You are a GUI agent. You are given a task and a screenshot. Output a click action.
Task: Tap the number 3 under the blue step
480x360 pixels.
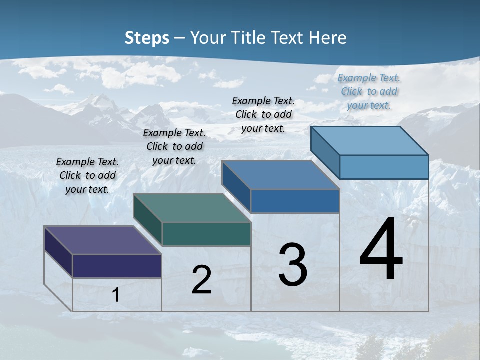(293, 265)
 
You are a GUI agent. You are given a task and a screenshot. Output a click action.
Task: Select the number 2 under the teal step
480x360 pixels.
(201, 280)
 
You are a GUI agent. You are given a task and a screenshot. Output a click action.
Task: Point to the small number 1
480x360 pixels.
(116, 295)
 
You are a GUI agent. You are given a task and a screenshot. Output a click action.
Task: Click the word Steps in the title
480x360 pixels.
(147, 38)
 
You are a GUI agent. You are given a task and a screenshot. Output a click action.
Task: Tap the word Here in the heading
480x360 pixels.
(328, 38)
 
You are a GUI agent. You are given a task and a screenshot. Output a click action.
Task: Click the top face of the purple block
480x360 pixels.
(102, 240)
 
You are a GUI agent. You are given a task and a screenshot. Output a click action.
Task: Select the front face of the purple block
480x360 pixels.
(117, 266)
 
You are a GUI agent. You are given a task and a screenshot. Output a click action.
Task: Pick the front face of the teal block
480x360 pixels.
(206, 234)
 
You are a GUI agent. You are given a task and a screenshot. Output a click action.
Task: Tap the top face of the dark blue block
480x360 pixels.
(280, 175)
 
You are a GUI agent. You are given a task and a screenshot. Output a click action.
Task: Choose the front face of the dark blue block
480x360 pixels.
(295, 201)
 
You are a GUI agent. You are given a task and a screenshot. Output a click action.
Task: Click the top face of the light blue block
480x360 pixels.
(369, 141)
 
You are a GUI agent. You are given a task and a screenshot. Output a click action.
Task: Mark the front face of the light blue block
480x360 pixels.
(384, 167)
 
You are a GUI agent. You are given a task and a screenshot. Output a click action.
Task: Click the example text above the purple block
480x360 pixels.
(87, 175)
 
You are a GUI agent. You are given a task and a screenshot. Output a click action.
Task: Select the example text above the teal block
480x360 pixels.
(174, 146)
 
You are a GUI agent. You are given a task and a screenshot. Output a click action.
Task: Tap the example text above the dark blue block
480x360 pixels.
(263, 114)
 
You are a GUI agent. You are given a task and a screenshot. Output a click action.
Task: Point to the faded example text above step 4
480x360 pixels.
(369, 91)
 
